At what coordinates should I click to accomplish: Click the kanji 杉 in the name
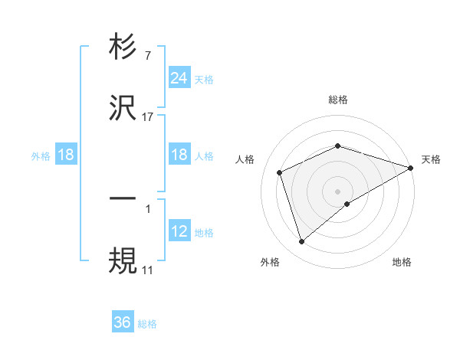click(x=123, y=47)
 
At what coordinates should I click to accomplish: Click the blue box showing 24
click(x=179, y=78)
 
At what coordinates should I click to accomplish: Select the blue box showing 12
click(x=179, y=231)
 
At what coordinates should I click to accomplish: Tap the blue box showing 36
click(x=123, y=322)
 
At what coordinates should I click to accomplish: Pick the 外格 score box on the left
click(x=66, y=155)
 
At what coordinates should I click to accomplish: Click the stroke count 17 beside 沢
click(x=148, y=116)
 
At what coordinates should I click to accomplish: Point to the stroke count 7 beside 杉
click(x=147, y=56)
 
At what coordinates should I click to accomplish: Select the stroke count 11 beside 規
click(x=147, y=270)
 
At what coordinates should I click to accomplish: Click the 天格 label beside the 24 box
click(x=204, y=79)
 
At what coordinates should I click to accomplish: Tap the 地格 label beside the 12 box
click(x=204, y=232)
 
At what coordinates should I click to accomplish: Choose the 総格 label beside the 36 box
click(x=147, y=323)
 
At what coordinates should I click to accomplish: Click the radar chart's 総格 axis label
click(x=338, y=100)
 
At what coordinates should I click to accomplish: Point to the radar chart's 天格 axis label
click(x=431, y=159)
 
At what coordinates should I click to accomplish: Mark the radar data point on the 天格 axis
click(x=411, y=168)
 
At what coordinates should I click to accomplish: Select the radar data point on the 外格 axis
click(x=301, y=242)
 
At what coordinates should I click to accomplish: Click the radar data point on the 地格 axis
click(x=347, y=204)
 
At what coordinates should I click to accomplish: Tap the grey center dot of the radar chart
click(x=338, y=191)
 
